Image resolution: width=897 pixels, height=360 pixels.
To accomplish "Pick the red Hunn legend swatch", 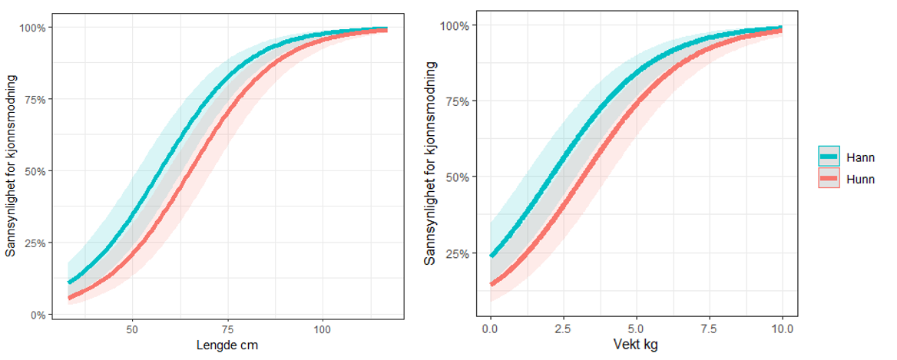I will (x=830, y=180).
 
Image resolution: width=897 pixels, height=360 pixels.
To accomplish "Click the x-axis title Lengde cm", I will (x=227, y=345).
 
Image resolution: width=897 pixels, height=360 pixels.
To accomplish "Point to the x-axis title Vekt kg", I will (x=637, y=345).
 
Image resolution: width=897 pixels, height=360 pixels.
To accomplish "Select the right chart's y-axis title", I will (x=431, y=163).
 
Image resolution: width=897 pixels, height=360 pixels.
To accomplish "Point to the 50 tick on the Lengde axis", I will (x=132, y=330).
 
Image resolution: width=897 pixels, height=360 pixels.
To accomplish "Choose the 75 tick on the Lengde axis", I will (x=227, y=330).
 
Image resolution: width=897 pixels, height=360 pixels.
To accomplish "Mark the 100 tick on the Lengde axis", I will (x=323, y=330).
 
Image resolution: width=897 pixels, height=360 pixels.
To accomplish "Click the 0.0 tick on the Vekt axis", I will (x=490, y=329).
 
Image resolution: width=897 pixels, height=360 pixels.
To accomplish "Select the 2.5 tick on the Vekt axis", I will (x=563, y=329).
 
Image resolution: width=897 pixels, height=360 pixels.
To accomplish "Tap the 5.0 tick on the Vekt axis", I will (x=636, y=329).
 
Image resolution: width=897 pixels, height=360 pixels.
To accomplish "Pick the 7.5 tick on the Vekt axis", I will (x=709, y=329).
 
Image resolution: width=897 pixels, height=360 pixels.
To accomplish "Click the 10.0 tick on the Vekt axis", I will (x=782, y=329).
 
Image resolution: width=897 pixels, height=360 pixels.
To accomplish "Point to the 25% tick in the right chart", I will (x=458, y=253).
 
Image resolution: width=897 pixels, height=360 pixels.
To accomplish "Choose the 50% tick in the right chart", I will (x=458, y=177).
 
